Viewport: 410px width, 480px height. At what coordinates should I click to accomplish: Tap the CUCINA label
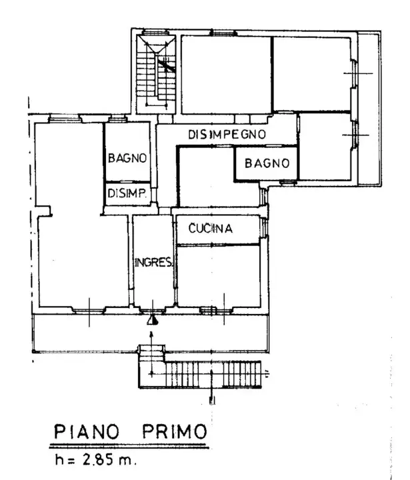(210, 229)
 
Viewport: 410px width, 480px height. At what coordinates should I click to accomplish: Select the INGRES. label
(153, 261)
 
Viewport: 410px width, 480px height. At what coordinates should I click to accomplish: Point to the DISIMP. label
(127, 193)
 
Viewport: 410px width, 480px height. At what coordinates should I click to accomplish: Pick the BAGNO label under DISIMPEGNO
(266, 163)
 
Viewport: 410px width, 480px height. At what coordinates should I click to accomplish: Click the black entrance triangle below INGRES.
(153, 321)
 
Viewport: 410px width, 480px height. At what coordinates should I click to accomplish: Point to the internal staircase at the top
(155, 73)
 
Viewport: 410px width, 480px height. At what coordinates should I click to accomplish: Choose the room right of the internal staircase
(225, 75)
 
